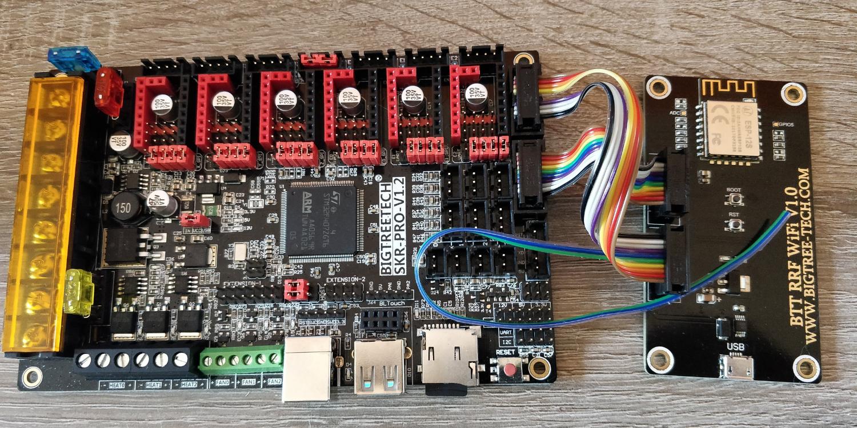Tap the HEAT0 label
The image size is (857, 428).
(x=116, y=385)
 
